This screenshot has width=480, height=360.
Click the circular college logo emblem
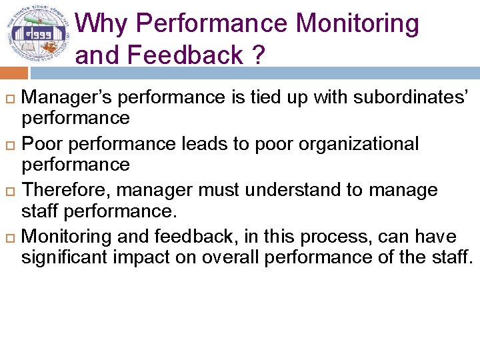[38, 34]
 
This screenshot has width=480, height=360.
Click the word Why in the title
[103, 24]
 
